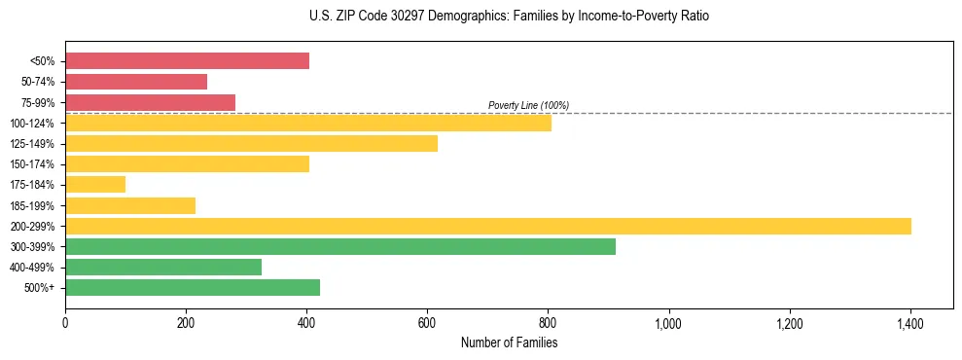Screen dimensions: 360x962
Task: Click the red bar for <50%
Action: coord(187,61)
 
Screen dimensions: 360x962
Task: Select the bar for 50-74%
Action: coord(136,82)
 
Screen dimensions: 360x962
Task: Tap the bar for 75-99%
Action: coord(150,102)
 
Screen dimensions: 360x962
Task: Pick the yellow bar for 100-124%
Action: coord(308,123)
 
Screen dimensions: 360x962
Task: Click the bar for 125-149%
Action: coord(251,143)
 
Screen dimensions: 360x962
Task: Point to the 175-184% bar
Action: coord(95,184)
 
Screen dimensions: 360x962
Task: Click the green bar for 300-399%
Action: coord(340,246)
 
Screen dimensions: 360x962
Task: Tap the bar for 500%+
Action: coord(193,287)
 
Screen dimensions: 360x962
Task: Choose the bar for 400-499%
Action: coord(163,267)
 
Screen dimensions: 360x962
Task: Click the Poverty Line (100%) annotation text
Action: coord(528,105)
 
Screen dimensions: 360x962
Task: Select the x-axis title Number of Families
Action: coord(509,342)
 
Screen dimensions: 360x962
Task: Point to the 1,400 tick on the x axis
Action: coord(909,323)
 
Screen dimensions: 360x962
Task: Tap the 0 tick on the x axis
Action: coord(65,323)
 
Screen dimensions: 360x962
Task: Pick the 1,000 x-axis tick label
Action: coord(668,323)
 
